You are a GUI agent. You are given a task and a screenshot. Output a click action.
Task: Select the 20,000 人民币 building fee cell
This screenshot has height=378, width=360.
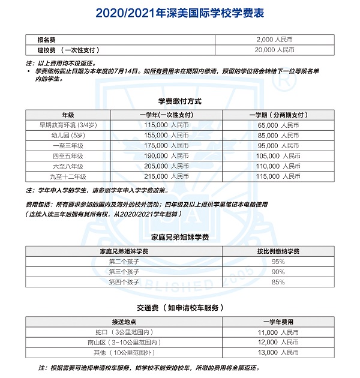click(275, 50)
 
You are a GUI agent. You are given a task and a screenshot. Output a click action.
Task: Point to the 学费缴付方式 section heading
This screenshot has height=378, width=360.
click(180, 101)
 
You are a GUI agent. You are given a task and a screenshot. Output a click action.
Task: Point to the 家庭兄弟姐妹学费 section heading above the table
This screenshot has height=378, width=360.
click(180, 238)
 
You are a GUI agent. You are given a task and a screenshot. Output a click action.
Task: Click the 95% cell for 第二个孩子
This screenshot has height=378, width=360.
click(278, 262)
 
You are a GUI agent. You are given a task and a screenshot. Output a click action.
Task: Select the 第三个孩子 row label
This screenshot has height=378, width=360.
click(123, 272)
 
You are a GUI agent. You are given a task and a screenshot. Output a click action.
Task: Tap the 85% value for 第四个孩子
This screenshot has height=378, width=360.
click(278, 282)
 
